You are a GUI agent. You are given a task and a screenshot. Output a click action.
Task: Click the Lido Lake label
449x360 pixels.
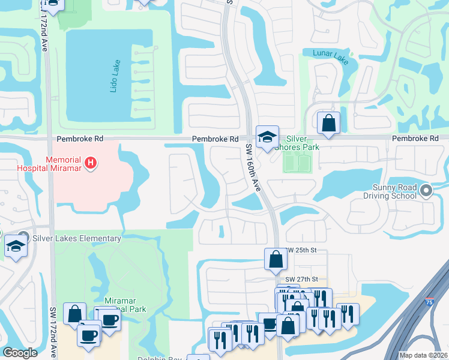(115, 76)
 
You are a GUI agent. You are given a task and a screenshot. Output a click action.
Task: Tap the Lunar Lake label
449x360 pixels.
(330, 53)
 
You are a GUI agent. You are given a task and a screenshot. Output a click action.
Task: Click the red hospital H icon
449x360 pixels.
(90, 162)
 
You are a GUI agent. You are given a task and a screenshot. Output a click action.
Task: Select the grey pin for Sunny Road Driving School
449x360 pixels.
(426, 191)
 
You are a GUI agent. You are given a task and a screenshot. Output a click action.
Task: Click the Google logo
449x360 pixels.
(20, 353)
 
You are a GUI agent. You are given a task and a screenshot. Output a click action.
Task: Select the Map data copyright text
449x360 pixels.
(423, 355)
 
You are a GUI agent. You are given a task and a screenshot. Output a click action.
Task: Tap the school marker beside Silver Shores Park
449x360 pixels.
(267, 137)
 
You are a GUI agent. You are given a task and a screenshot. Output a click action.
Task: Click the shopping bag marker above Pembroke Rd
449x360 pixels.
(328, 123)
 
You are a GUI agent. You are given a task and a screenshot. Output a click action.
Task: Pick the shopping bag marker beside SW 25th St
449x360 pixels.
(276, 259)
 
